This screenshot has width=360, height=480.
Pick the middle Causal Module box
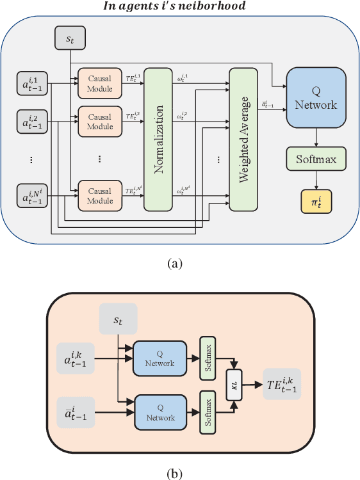click(x=99, y=122)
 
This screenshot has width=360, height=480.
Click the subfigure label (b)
click(x=174, y=473)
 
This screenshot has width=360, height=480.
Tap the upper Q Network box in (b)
click(x=159, y=358)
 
